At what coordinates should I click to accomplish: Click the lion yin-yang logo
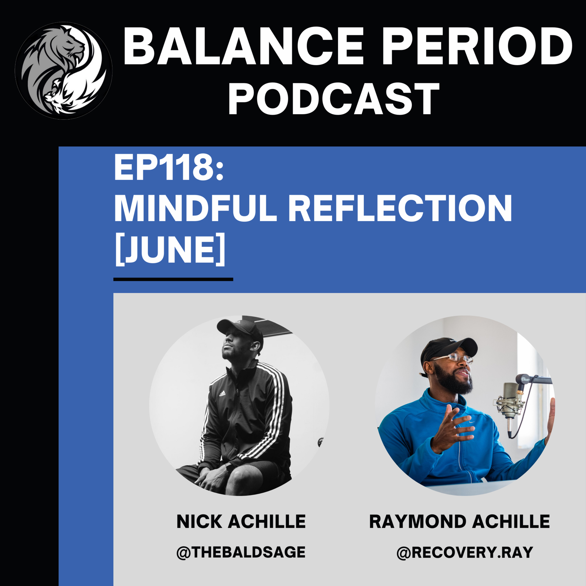click(x=63, y=70)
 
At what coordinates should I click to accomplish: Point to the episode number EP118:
click(x=169, y=168)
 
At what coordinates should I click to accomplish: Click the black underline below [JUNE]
click(x=173, y=279)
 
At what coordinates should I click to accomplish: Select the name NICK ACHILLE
click(x=241, y=521)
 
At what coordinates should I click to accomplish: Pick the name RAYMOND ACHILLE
click(x=459, y=521)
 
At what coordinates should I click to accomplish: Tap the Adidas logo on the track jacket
click(x=222, y=394)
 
